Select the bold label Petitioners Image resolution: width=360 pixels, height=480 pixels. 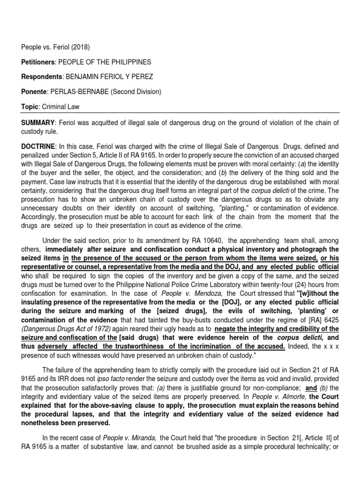coord(38,62)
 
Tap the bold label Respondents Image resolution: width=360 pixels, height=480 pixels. coord(41,77)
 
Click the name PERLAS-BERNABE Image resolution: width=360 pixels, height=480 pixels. coord(79,92)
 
